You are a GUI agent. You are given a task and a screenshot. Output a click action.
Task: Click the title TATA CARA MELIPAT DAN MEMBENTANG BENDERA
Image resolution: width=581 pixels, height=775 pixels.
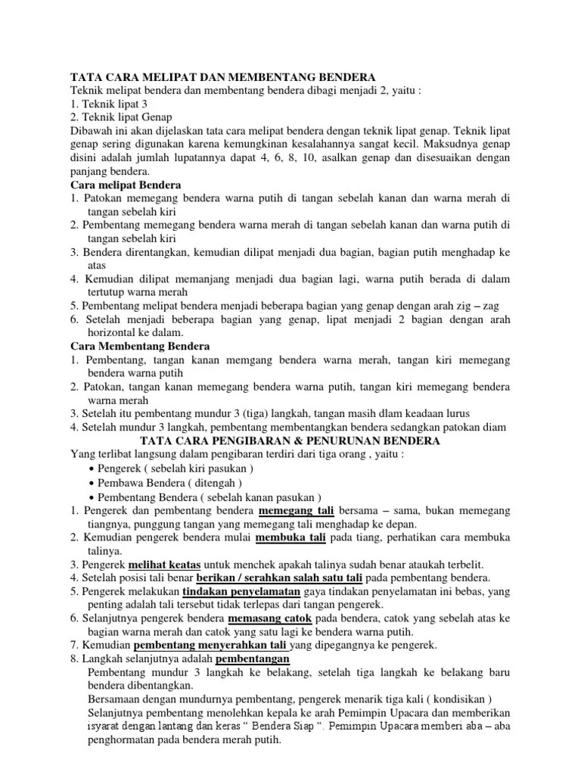pyautogui.click(x=222, y=77)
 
